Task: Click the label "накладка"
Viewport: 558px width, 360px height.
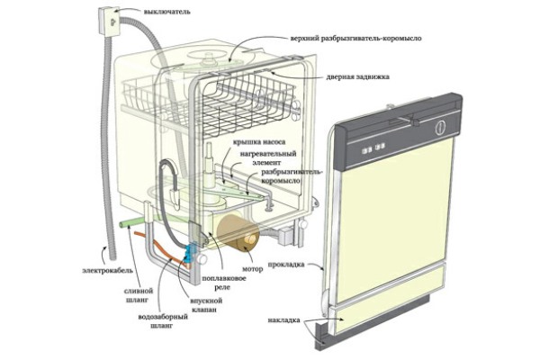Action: click(x=286, y=320)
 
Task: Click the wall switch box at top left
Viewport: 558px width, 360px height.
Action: click(x=108, y=16)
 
